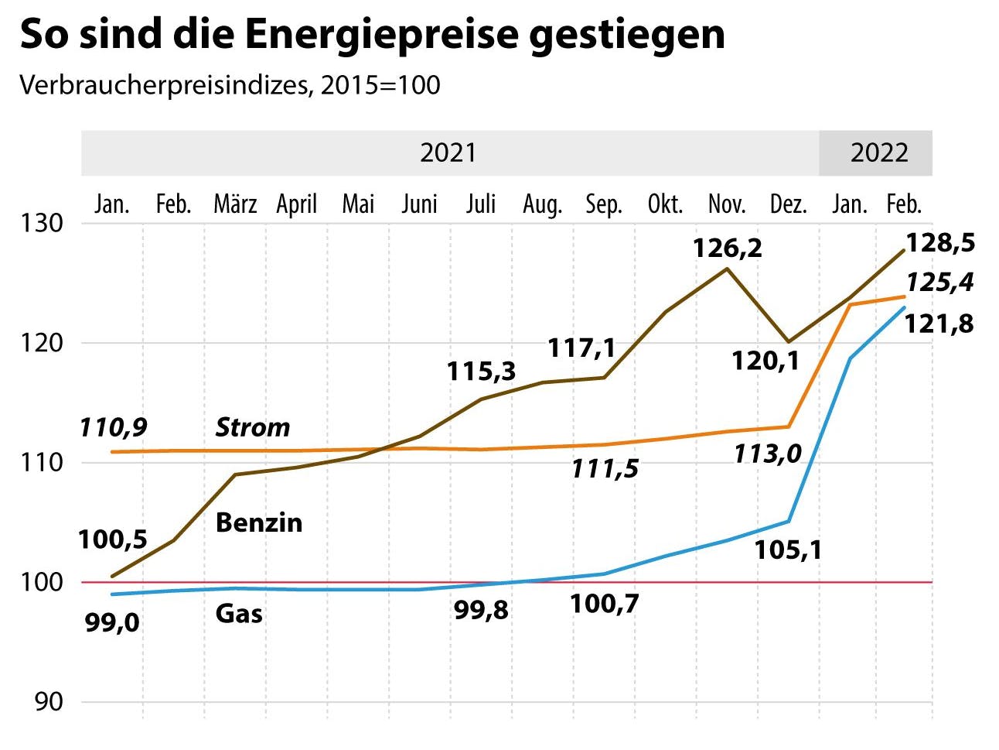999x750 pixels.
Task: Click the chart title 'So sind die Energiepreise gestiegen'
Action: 372,35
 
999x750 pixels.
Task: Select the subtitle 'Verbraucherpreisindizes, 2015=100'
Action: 230,85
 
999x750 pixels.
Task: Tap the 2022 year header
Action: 878,152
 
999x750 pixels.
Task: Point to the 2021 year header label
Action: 448,152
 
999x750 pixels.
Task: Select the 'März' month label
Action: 235,204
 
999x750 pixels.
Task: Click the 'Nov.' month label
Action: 727,204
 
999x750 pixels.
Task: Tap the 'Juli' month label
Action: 481,204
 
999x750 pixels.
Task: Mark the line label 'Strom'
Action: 252,427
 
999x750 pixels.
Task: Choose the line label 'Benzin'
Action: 258,522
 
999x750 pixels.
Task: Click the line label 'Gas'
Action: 238,614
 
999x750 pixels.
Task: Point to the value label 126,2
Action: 727,248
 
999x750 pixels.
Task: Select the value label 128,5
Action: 939,243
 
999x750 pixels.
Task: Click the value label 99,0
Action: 112,622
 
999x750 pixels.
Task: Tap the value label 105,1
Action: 787,550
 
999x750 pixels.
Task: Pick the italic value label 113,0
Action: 767,454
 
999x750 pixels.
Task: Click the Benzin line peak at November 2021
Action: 727,269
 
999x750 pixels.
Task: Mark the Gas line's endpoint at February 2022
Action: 904,308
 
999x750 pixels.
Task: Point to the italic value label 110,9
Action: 113,427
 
